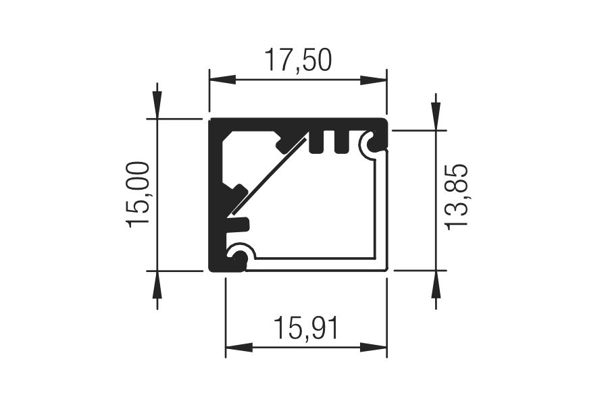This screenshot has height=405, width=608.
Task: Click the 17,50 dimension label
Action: coord(298,61)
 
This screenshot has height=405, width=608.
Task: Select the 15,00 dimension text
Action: coord(138,194)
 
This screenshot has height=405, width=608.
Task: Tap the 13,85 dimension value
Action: coord(457,197)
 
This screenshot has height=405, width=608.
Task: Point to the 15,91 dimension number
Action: coord(306,328)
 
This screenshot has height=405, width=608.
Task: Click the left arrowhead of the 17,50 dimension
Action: coord(222,80)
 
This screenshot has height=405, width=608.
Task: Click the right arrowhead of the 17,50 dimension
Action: coord(374,80)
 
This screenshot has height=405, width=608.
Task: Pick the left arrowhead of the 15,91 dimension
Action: coord(239,347)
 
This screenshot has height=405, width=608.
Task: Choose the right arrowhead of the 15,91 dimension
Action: coord(374,347)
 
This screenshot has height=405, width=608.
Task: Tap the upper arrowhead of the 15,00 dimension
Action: coord(157,105)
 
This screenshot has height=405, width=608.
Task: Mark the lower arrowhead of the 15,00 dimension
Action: coord(157,284)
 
